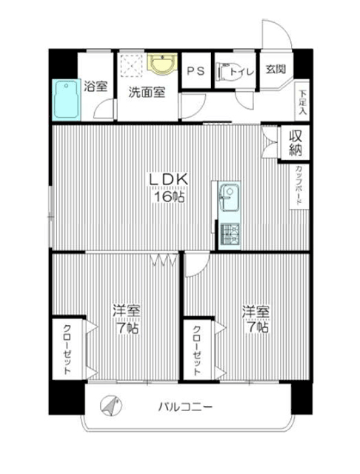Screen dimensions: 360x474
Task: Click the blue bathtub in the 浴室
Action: tap(66, 100)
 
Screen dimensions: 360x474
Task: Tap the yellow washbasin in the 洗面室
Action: tap(162, 64)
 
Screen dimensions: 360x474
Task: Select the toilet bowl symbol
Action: tap(227, 72)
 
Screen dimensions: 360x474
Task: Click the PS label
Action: tap(196, 71)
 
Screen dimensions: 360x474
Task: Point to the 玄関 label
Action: tap(276, 69)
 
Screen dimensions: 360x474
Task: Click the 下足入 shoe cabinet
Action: tap(302, 101)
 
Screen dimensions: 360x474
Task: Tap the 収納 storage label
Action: tap(296, 143)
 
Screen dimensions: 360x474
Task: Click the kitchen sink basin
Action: tap(230, 198)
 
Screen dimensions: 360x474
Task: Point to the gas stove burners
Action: tap(230, 234)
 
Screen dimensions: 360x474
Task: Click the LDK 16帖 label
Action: tap(168, 187)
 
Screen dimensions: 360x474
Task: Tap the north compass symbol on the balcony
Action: tap(111, 406)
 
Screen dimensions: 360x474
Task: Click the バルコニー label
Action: tap(185, 407)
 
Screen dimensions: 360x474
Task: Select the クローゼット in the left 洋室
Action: tap(67, 349)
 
